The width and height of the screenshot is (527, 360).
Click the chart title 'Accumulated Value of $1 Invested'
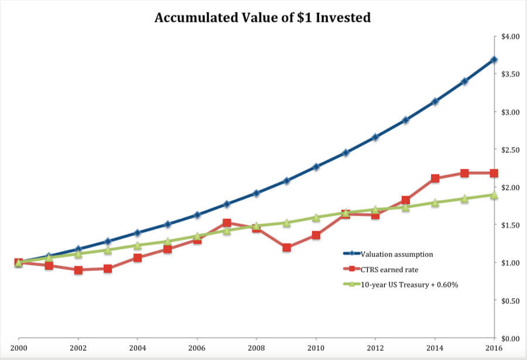point(262,18)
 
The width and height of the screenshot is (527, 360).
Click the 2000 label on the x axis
point(19,348)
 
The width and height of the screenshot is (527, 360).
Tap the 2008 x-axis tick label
point(256,348)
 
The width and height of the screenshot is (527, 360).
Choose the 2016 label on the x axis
point(494,348)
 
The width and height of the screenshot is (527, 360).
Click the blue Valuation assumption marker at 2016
point(494,60)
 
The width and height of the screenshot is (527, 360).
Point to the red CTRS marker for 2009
point(286,248)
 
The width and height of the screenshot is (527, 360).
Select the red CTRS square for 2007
point(227,223)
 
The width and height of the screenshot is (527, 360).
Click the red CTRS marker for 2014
point(434,179)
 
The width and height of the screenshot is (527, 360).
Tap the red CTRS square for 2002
point(78,270)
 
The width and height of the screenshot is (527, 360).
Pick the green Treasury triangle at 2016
point(494,195)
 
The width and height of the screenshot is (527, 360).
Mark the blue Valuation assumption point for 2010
point(316,167)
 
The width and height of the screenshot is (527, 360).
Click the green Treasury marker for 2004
point(138,245)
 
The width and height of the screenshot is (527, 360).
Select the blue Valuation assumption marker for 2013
point(405,120)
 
